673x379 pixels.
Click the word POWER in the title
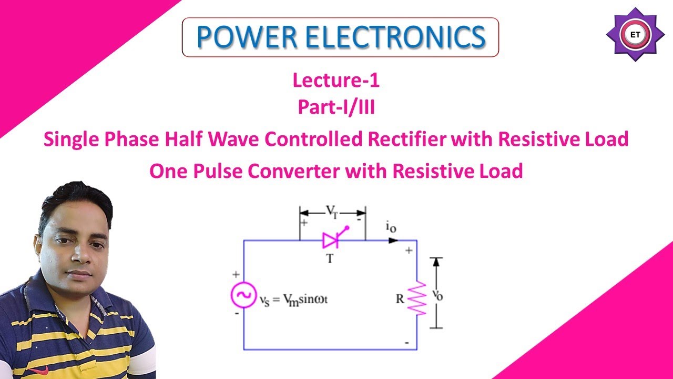[244, 36]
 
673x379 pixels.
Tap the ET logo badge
[635, 35]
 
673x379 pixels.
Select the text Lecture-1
[336, 81]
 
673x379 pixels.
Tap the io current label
[391, 228]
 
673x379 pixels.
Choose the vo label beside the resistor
[437, 294]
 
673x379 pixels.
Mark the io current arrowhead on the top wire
[393, 241]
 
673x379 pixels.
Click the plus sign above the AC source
[236, 274]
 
